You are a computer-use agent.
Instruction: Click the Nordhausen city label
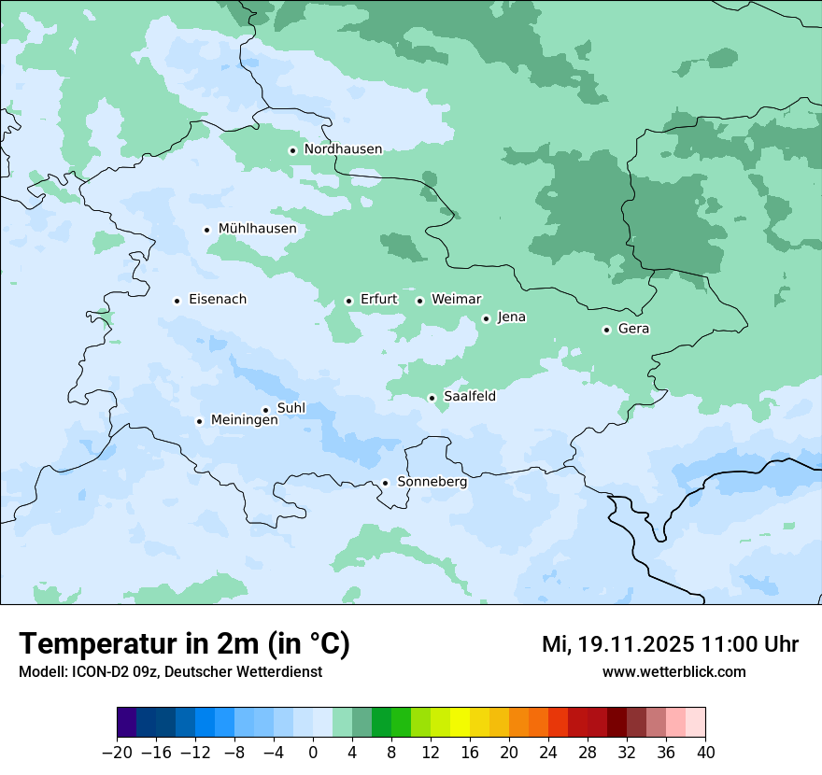pos(343,149)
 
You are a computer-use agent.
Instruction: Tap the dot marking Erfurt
pos(348,301)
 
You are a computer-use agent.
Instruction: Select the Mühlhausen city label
pos(257,229)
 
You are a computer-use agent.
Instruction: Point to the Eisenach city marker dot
pos(177,301)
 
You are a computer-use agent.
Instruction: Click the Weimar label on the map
pos(456,300)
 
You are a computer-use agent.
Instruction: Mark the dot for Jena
pos(486,318)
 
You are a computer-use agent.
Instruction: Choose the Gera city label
pos(633,329)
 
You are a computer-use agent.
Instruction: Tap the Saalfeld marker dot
pos(432,398)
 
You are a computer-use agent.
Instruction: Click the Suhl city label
pos(291,408)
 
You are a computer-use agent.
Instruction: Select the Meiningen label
pos(245,421)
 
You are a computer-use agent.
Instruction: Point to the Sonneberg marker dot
pos(385,483)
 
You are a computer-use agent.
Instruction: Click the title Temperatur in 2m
pos(184,643)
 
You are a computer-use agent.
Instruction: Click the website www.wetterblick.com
pos(673,671)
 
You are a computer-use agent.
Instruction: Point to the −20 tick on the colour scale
pos(118,753)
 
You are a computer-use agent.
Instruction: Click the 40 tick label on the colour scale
pos(705,753)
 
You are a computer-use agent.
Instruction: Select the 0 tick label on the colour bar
pos(313,753)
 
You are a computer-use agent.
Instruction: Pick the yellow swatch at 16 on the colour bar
pos(460,723)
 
